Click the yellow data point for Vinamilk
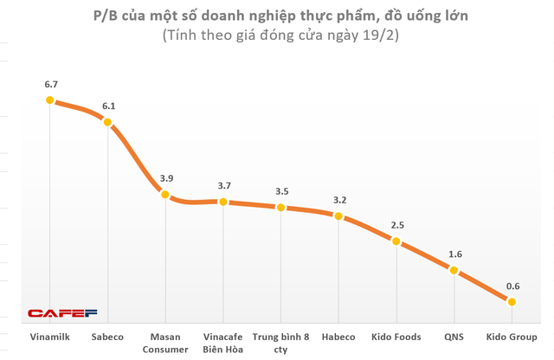[x=49, y=100]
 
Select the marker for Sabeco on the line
[x=107, y=122]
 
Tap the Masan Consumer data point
[x=165, y=195]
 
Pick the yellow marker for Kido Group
[x=512, y=302]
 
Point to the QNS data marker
[x=454, y=270]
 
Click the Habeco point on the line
[x=338, y=215]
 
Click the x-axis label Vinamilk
[x=49, y=336]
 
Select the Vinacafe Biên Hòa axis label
[x=222, y=342]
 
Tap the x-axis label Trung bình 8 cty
[x=280, y=342]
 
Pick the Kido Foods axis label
[x=396, y=336]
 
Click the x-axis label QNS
[x=454, y=336]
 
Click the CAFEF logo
[x=62, y=313]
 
